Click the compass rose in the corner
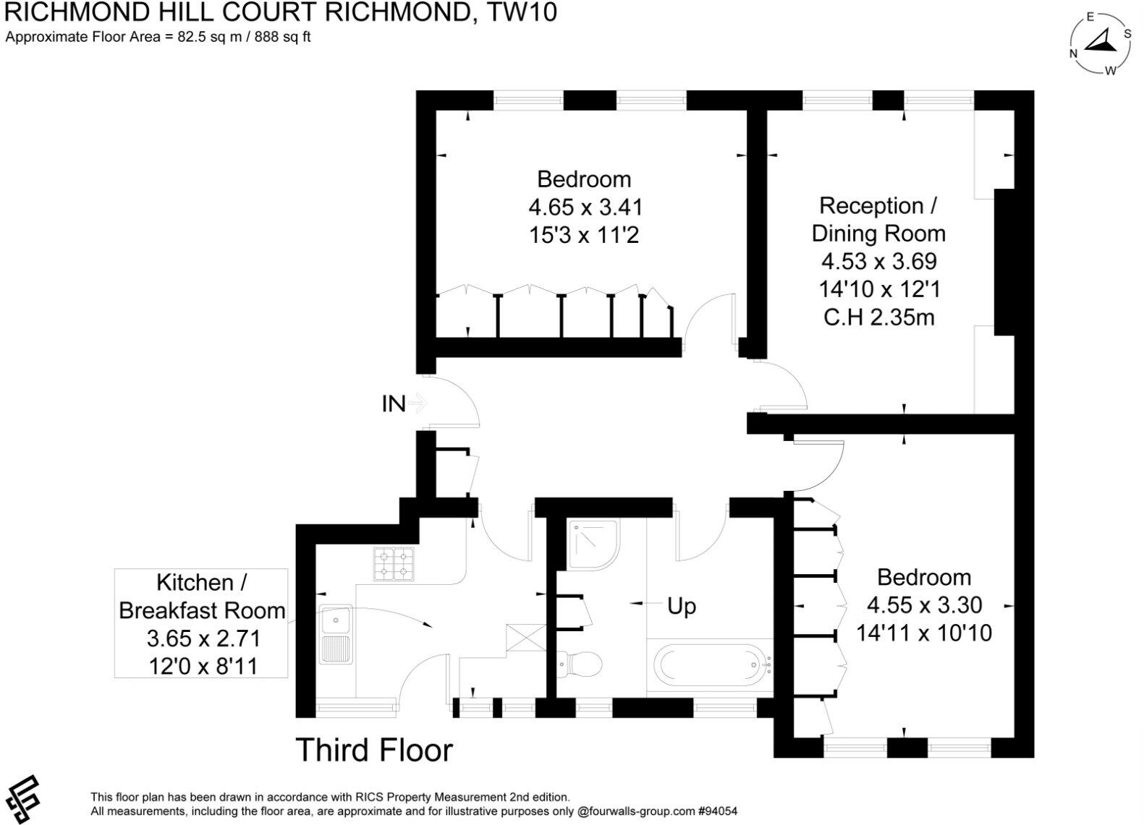click(x=1100, y=43)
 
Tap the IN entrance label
click(x=393, y=403)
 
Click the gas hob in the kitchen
click(x=394, y=564)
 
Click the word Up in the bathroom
click(x=681, y=606)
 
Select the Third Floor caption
click(x=373, y=750)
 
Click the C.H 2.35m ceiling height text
click(x=878, y=317)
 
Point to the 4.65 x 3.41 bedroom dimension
click(x=585, y=208)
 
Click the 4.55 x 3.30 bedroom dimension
click(x=924, y=604)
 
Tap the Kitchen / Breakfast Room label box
click(x=201, y=623)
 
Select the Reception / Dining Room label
click(x=878, y=219)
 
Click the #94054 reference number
click(x=718, y=811)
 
